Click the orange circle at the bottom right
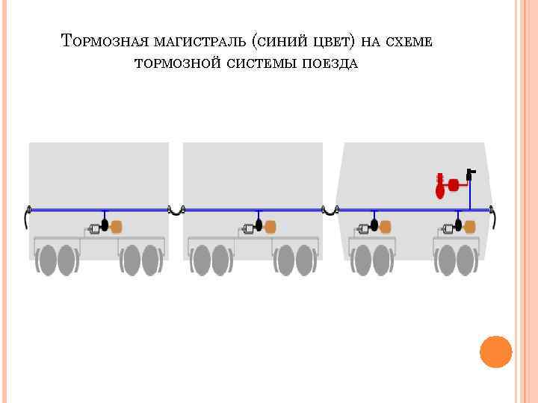495,351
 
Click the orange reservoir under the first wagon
117,225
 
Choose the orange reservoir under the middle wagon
270,225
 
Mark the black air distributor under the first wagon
105,224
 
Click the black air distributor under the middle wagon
259,224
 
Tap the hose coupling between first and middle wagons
176,212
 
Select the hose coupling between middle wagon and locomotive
330,212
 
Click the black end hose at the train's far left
26,218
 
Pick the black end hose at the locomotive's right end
495,218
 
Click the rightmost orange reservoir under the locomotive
469,226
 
